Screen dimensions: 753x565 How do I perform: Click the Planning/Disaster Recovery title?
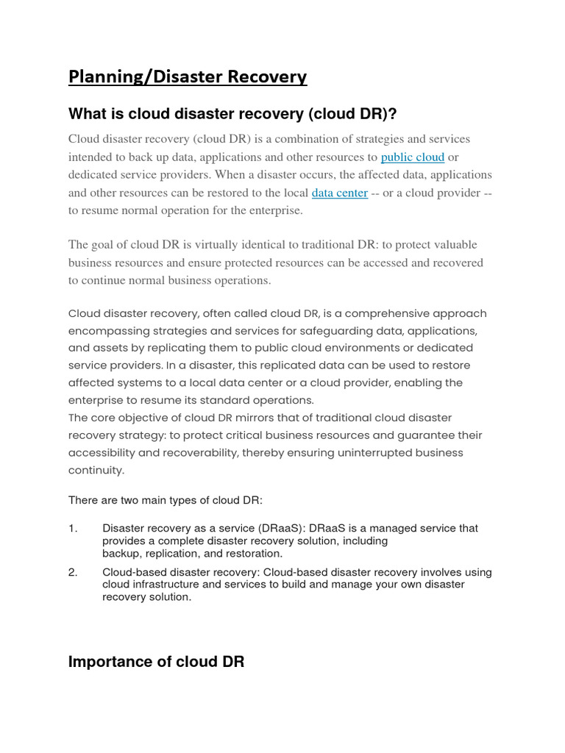(x=188, y=77)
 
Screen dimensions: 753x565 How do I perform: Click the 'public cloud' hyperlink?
(x=412, y=157)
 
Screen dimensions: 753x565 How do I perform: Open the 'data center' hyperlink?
(x=339, y=193)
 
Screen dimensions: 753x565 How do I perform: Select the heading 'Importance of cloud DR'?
(x=156, y=662)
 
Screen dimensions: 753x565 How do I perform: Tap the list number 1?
(x=72, y=528)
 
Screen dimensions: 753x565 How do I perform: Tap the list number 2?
(x=72, y=572)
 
